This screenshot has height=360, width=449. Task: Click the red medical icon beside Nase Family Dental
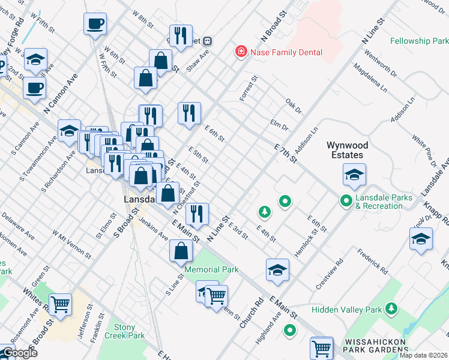point(241,52)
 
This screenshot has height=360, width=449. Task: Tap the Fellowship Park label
point(419,41)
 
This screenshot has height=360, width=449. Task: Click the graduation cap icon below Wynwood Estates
point(354,176)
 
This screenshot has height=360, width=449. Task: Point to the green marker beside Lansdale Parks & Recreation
point(346,201)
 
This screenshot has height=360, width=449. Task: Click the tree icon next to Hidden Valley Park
point(391,308)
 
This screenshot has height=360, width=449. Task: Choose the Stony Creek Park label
point(129,332)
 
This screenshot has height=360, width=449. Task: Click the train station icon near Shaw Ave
point(207,41)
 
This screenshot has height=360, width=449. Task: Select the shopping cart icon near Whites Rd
point(60,304)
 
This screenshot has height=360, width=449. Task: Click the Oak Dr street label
point(294,104)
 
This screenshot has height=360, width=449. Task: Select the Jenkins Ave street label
point(153,228)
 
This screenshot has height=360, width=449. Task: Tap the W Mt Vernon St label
point(71,244)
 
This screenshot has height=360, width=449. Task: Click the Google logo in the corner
point(19,353)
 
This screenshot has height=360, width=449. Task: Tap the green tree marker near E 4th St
point(264,211)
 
